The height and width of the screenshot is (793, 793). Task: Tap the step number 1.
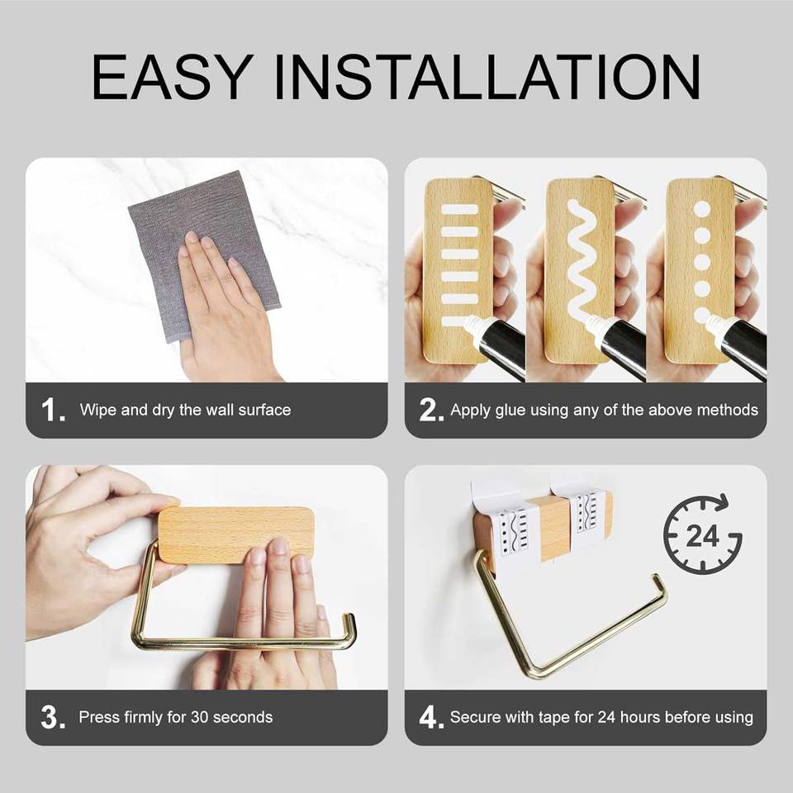tap(53, 410)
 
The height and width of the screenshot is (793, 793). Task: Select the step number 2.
tap(431, 410)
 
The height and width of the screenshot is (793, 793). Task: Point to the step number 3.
tap(53, 717)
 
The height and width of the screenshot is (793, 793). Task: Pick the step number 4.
tap(431, 717)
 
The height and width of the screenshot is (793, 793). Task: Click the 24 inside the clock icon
tap(702, 535)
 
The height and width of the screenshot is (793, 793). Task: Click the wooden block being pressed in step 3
tap(235, 535)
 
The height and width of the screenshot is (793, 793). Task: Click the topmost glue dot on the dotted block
tap(702, 209)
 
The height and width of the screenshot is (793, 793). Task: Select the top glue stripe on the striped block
tap(460, 209)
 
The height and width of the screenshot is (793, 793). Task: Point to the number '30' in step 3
tap(199, 717)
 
